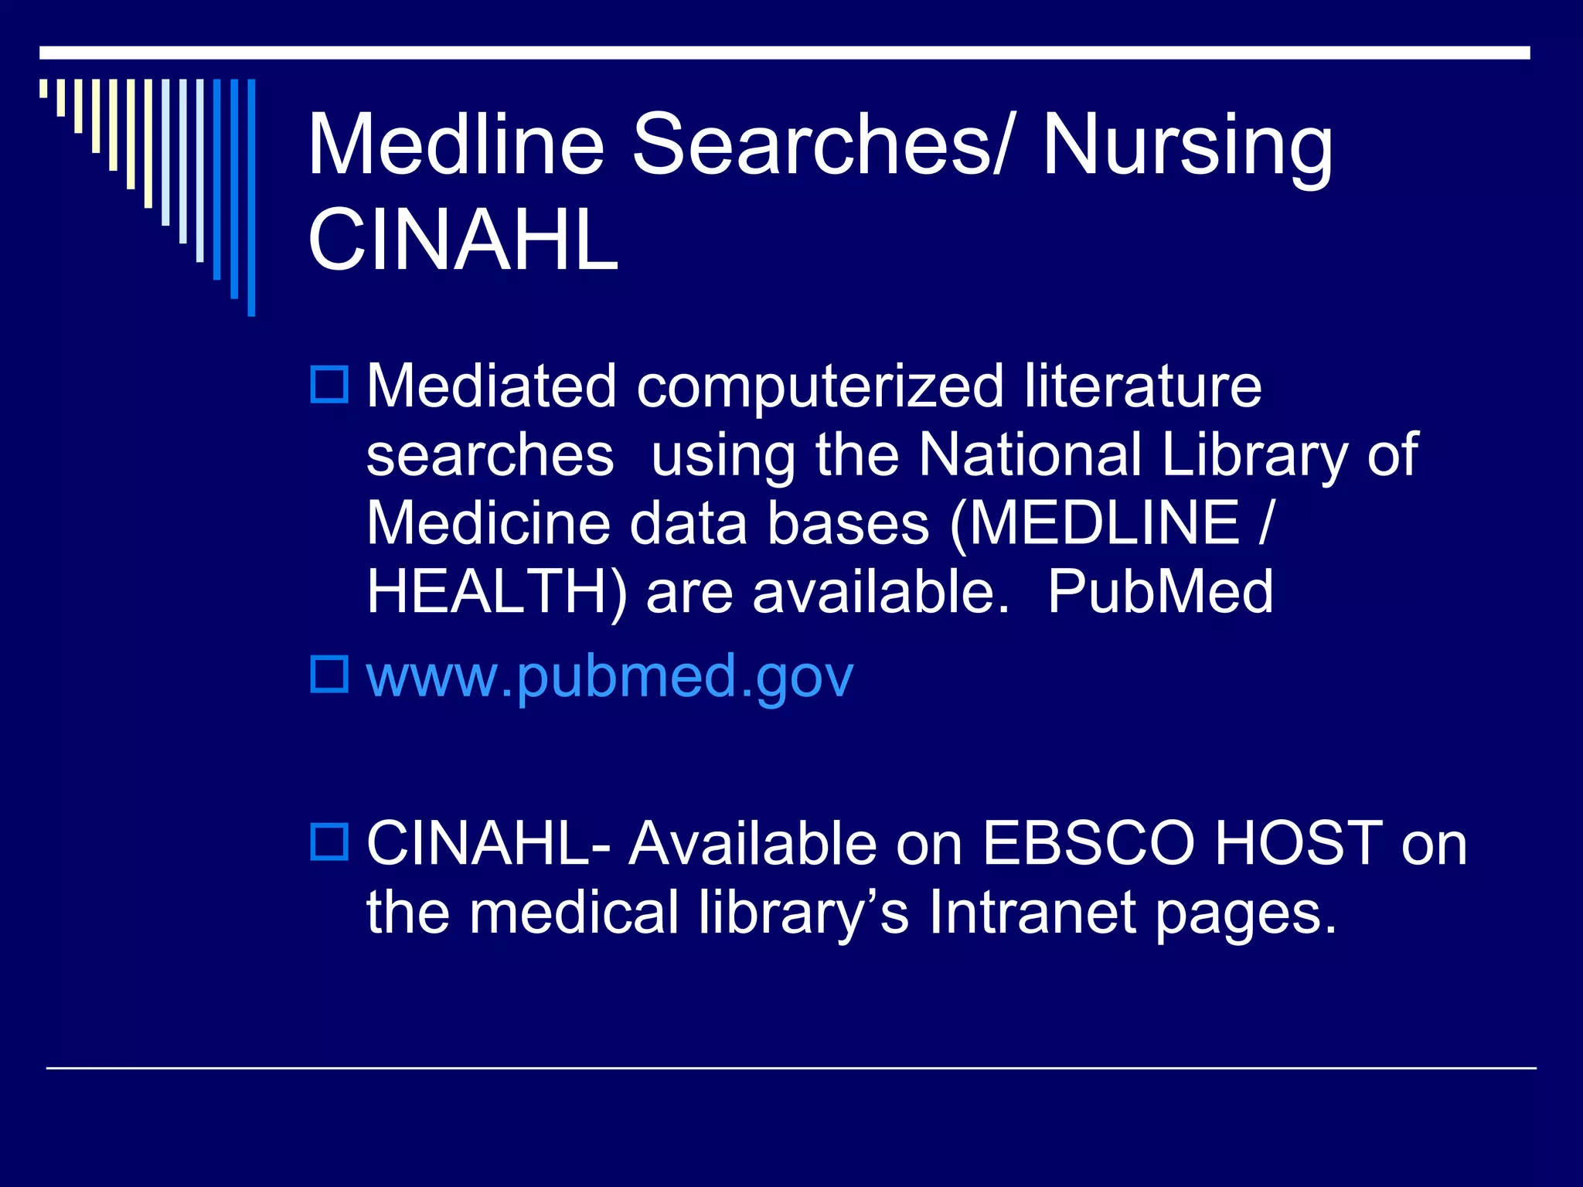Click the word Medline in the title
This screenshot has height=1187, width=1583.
coord(455,145)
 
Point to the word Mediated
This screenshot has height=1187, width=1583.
coord(491,386)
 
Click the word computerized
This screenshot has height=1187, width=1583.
coord(819,387)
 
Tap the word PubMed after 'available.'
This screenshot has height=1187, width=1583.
coord(1159,592)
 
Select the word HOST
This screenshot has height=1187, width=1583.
coord(1299,843)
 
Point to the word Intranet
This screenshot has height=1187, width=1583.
coord(1033,912)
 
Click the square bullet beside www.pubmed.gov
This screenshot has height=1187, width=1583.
coord(329,674)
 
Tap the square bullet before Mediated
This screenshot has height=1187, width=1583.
coord(329,384)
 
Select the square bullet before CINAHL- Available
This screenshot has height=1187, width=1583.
coord(329,842)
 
